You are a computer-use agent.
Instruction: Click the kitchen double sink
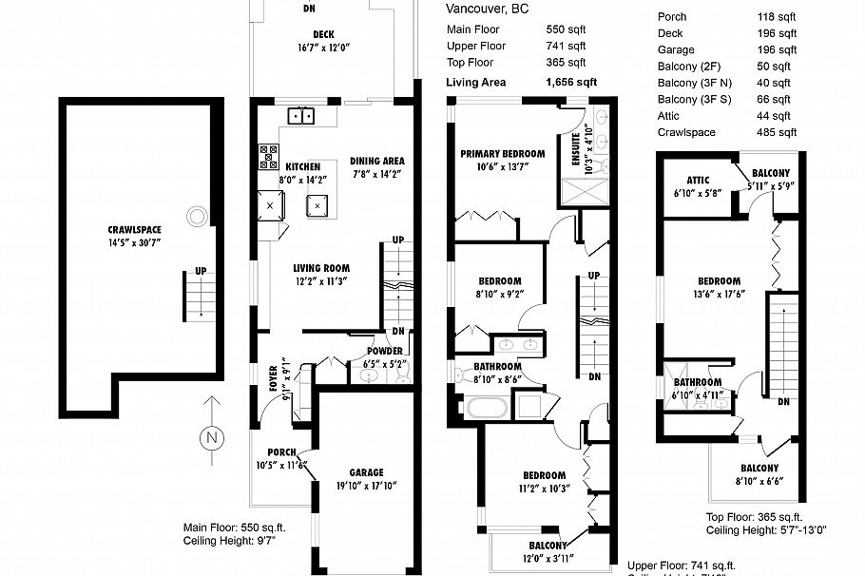tap(303, 116)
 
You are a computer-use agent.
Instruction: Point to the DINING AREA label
tap(377, 161)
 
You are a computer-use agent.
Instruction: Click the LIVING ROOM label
tap(321, 268)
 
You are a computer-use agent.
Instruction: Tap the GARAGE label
tap(366, 472)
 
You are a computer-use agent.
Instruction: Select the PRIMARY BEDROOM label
tap(502, 154)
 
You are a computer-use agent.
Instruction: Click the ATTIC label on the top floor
tap(699, 180)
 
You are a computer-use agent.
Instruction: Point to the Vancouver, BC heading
tap(488, 10)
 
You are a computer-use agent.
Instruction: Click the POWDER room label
tap(384, 351)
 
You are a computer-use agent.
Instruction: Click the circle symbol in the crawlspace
tap(197, 216)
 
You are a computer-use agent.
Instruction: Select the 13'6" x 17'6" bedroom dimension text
tap(719, 294)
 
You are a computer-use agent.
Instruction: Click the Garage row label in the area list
tap(676, 49)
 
